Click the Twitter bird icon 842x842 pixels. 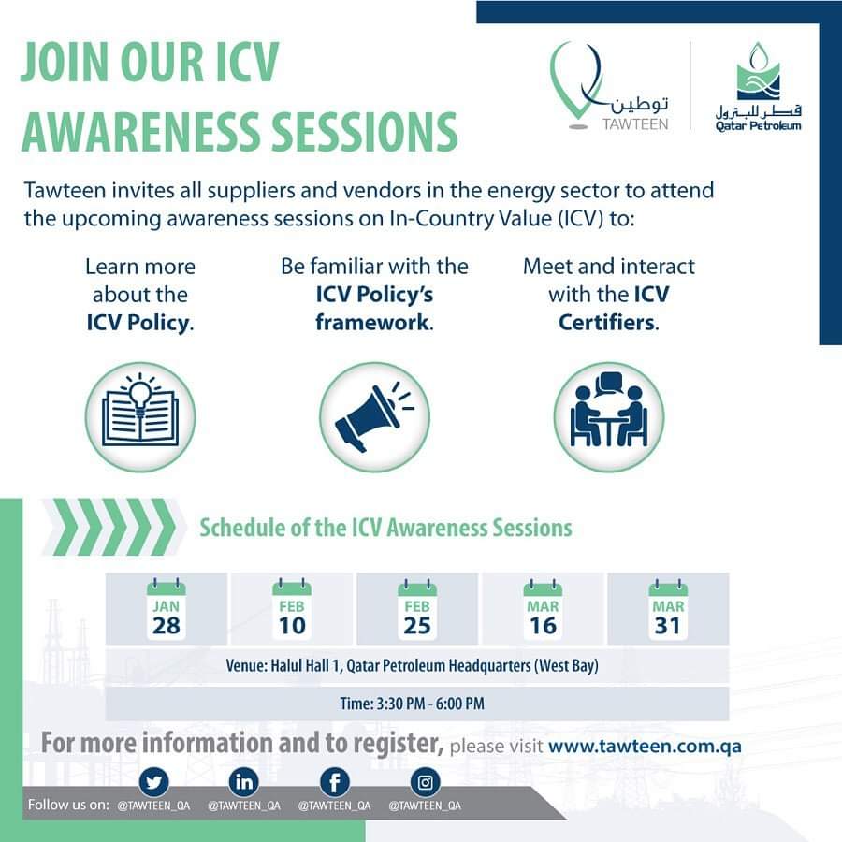(x=153, y=782)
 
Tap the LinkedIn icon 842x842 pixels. (x=244, y=782)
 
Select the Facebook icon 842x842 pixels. (x=335, y=782)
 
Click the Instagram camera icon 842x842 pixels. (x=426, y=782)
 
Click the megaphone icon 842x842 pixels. (x=374, y=417)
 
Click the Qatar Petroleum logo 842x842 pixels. (x=758, y=87)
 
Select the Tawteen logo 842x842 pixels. (x=609, y=86)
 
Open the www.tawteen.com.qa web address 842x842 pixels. (x=645, y=746)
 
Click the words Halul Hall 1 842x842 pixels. (x=305, y=666)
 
